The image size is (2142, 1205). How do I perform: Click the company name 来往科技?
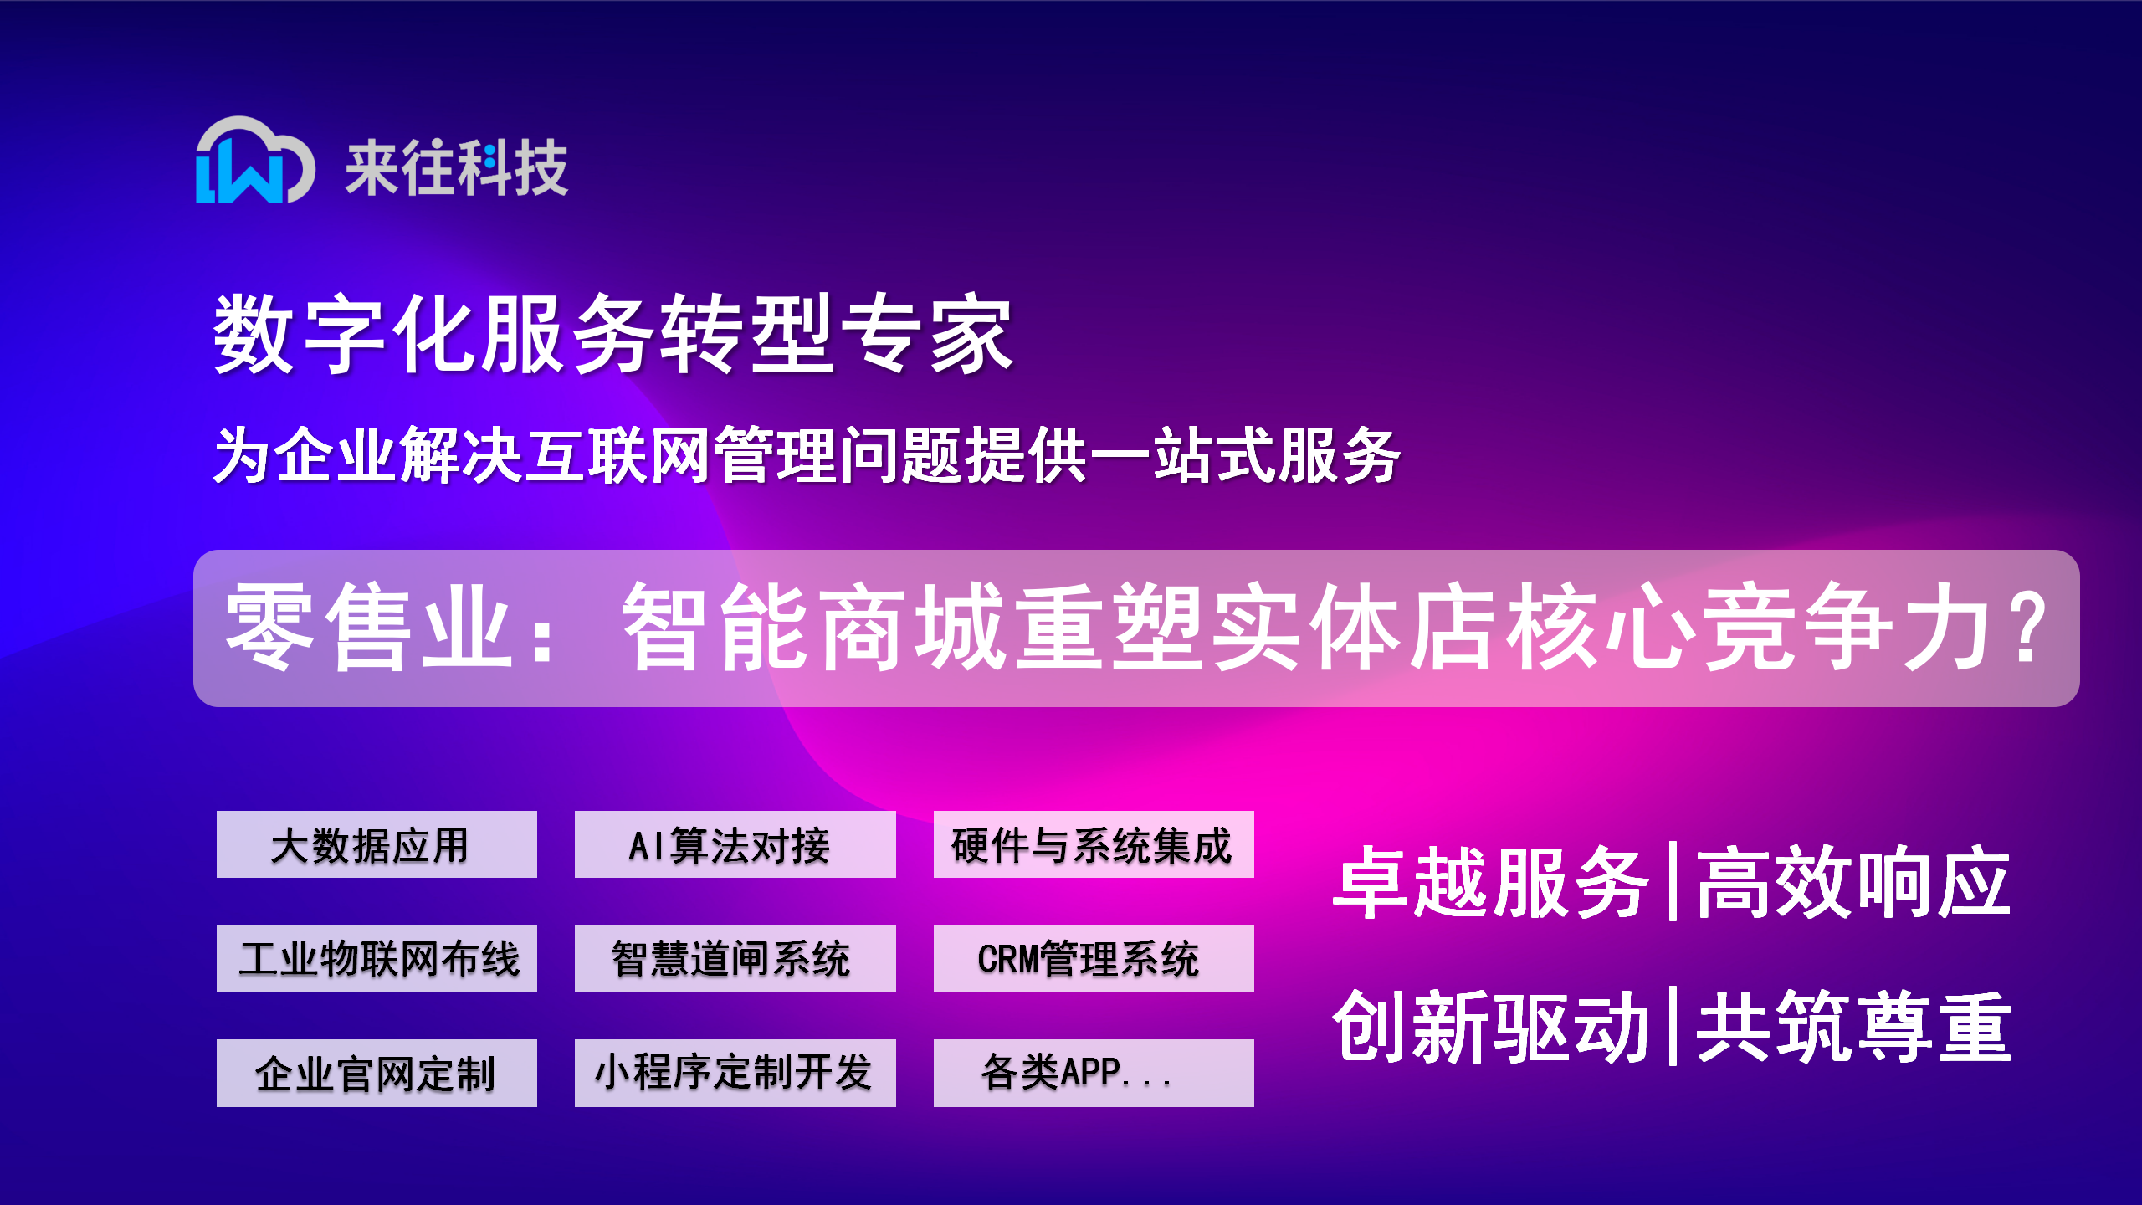(456, 168)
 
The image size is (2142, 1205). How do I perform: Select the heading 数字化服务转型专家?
(613, 333)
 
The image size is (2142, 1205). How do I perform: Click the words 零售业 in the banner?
(368, 628)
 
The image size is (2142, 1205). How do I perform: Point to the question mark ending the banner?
(2030, 628)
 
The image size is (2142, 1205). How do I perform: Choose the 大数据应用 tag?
(377, 844)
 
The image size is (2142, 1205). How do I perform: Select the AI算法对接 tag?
(735, 844)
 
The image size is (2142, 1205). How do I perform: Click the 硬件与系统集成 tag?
(1094, 844)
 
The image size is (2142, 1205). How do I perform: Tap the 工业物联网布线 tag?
(377, 958)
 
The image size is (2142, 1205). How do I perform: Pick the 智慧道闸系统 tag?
(735, 958)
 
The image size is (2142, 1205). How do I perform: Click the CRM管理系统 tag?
(1094, 958)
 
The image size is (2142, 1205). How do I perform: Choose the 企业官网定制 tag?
(377, 1073)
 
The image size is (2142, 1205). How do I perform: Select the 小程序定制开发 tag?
(735, 1073)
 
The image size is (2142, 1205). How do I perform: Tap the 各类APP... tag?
(1094, 1073)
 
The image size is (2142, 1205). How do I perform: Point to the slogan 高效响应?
(1853, 883)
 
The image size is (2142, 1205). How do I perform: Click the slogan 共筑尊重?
(1853, 1027)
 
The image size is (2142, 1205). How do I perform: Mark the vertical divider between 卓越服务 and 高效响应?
(1673, 882)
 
